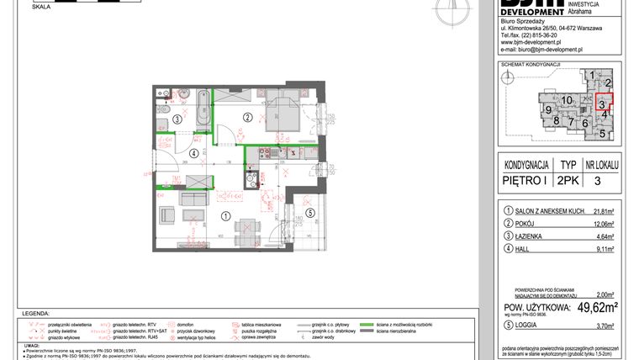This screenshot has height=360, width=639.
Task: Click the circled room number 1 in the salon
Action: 224,216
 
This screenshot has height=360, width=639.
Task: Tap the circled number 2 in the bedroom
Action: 248,117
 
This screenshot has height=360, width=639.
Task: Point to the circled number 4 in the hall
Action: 194,153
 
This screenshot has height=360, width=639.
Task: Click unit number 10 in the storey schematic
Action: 568,101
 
